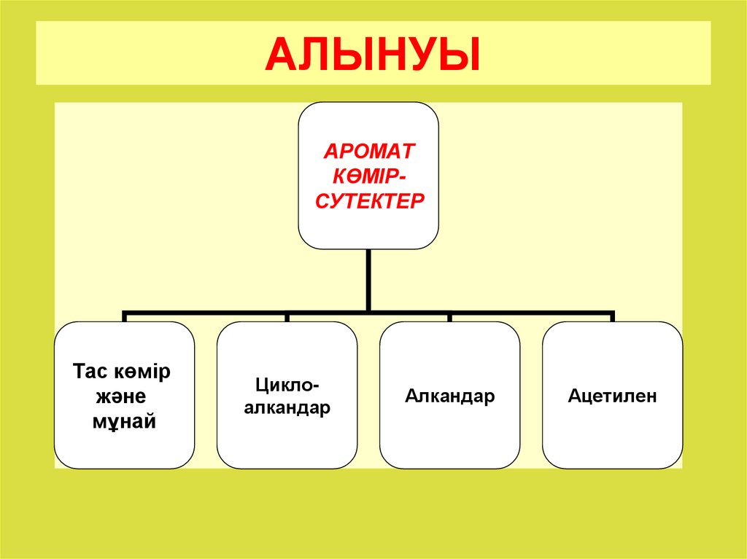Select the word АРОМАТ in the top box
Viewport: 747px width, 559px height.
coord(369,152)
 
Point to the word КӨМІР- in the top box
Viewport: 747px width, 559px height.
coord(369,176)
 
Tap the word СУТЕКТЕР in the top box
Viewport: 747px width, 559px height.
coord(369,200)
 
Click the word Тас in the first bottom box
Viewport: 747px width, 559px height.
coord(90,372)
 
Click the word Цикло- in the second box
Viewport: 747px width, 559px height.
coord(287,384)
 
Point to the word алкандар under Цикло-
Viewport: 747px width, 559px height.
coord(287,408)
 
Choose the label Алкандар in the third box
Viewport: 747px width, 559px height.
coord(450,396)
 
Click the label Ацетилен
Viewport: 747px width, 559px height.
coord(613,396)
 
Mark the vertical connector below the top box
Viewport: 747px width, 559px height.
coord(369,281)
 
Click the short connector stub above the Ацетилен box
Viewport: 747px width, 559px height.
coord(613,317)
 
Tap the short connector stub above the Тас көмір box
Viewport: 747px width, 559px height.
coord(125,317)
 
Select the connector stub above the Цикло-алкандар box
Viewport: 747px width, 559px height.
coord(287,317)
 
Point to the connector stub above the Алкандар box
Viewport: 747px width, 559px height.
coord(450,317)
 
